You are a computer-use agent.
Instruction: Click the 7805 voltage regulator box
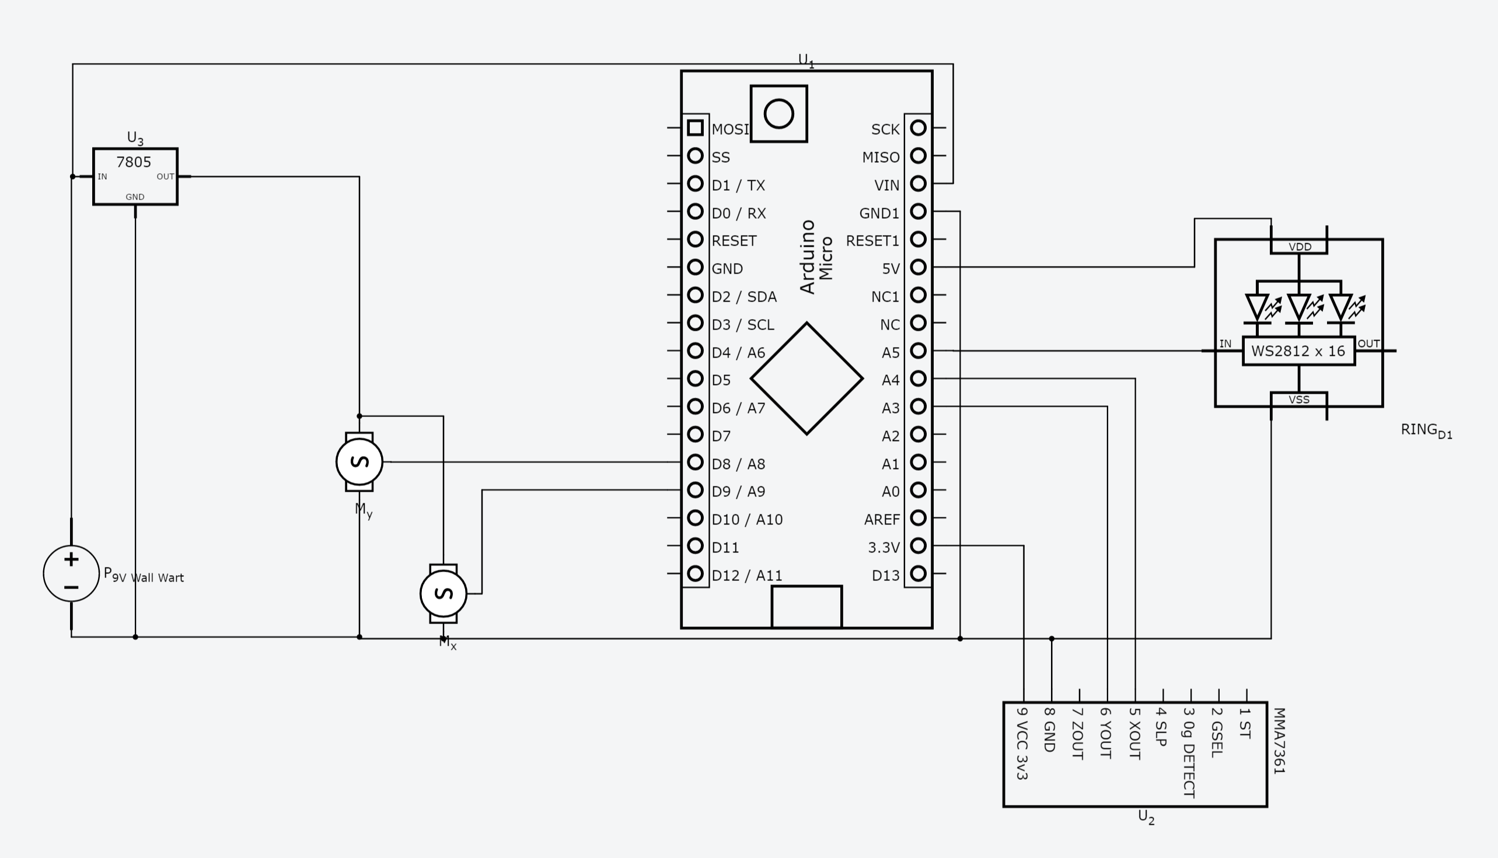135,176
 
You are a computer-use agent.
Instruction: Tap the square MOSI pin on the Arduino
695,128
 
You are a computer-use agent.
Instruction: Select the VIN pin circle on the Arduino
918,184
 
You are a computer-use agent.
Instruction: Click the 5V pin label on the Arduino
890,269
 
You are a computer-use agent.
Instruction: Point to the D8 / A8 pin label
738,464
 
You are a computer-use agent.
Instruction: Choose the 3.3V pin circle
918,546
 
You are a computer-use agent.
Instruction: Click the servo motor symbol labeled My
359,461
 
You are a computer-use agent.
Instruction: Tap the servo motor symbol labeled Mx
444,593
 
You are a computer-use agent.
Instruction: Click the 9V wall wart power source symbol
71,573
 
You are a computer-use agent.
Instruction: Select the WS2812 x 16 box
1298,351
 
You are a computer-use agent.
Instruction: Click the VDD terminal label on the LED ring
1300,247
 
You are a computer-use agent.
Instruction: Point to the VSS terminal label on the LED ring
1299,400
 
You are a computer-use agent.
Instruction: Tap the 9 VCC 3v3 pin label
1022,744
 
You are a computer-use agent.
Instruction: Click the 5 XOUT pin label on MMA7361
1134,733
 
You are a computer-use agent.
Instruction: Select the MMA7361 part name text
1278,741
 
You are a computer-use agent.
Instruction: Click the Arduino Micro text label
816,257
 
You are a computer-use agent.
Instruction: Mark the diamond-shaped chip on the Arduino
806,379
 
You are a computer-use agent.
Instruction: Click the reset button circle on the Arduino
778,114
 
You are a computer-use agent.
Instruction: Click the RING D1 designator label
1426,431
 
